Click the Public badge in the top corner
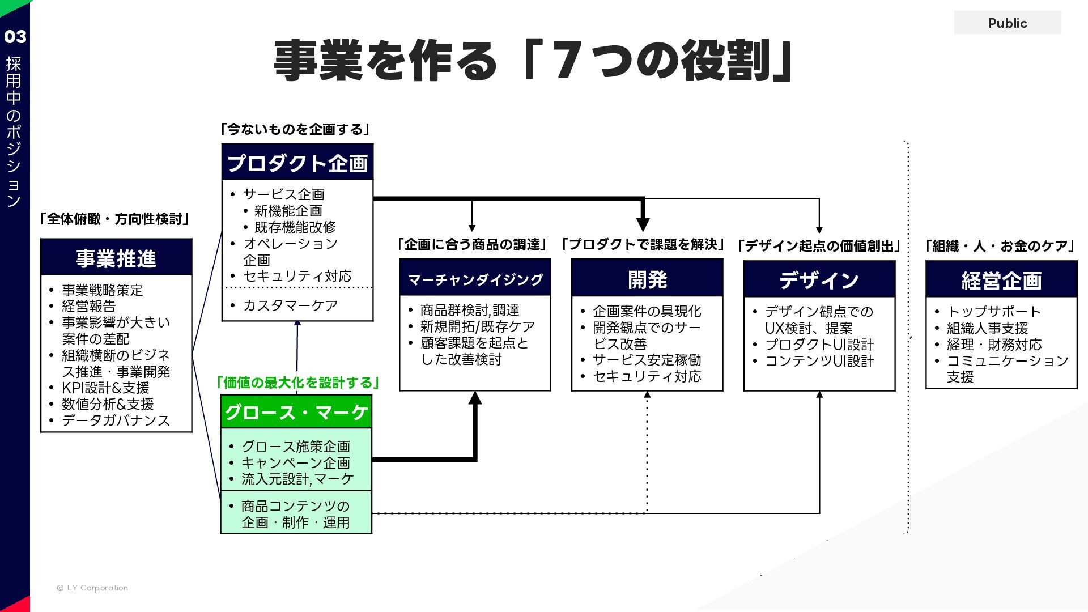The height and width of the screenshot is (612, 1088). (x=1007, y=23)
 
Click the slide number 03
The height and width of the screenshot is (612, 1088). (x=15, y=37)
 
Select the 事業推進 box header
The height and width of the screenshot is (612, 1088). (x=116, y=258)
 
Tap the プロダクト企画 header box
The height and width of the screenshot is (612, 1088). (x=297, y=163)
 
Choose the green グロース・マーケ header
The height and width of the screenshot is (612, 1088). (x=296, y=412)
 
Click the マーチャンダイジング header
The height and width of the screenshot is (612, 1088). (x=475, y=279)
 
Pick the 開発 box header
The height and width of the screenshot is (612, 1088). (x=647, y=279)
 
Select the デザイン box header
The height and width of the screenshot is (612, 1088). (x=819, y=280)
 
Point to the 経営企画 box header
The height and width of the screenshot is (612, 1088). (x=1001, y=280)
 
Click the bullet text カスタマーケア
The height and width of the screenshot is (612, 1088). (x=290, y=305)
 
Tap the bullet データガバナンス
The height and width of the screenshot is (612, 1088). (x=116, y=420)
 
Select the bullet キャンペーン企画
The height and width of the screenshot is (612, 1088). (x=296, y=462)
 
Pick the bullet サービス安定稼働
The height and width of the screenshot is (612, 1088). (x=647, y=360)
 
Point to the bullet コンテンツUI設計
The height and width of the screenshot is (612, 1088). (x=819, y=361)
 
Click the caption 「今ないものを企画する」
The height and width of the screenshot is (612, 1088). (x=295, y=130)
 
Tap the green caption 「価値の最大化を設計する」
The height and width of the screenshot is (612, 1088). (x=298, y=382)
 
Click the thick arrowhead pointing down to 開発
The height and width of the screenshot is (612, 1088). (x=643, y=223)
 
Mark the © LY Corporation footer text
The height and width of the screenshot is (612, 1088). (x=93, y=588)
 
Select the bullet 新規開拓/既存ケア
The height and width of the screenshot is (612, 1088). (x=477, y=326)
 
